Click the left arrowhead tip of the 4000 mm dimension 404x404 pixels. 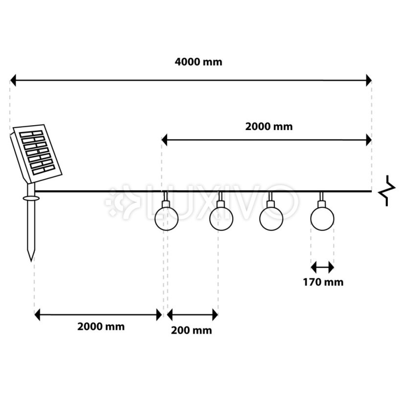pos(10,80)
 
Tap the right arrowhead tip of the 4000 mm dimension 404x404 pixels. pos(372,80)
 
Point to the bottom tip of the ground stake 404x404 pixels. pos(31,261)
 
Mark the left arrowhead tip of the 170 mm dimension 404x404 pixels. pos(311,268)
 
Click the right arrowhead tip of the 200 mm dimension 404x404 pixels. pos(218,314)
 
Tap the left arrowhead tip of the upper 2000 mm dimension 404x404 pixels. pos(161,140)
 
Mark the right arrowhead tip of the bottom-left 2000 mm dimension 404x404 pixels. pos(162,314)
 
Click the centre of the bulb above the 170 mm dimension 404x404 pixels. pos(322,219)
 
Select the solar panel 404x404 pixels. pos(36,154)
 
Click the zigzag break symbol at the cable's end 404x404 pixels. pos(387,191)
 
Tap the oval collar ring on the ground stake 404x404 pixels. pos(31,198)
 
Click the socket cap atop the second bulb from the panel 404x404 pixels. pos(221,204)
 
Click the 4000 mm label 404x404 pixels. pos(199,62)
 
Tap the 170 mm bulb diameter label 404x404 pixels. pos(323,282)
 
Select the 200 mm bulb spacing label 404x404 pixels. pos(191,331)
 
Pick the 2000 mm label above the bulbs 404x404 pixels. pos(269,127)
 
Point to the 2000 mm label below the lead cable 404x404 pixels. pos(101,327)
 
